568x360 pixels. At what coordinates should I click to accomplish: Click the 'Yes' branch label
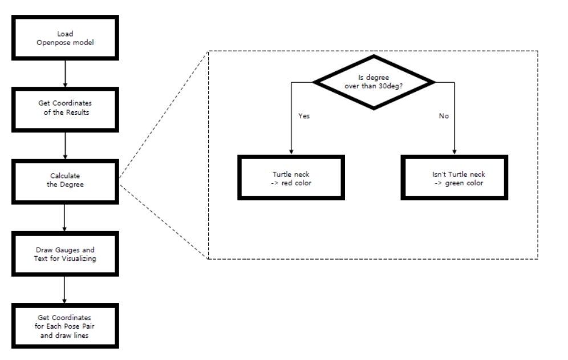[305, 116]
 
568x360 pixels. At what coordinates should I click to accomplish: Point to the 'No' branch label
[443, 116]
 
